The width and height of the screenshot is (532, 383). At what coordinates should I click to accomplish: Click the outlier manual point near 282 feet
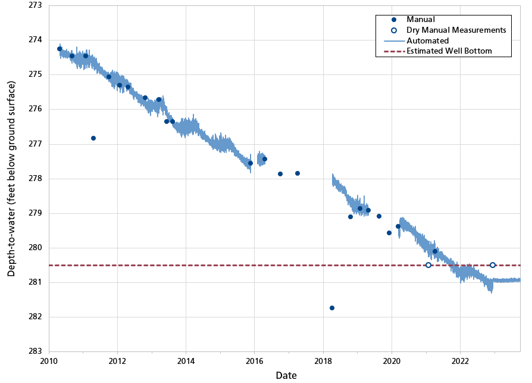332,308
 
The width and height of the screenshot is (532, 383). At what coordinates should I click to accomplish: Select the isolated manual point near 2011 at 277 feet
93,138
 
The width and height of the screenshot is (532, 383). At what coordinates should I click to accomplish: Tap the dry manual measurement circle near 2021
428,265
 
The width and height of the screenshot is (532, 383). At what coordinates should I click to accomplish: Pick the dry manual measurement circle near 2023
493,265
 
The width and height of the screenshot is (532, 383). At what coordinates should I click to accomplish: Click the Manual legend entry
421,20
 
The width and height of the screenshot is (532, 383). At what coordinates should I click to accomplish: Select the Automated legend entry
427,41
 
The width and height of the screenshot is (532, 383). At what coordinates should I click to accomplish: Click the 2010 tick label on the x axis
49,361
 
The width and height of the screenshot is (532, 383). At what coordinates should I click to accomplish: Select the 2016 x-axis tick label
255,361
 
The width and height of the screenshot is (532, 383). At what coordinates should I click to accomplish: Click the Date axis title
286,375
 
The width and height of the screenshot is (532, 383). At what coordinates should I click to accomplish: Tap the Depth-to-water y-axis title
11,178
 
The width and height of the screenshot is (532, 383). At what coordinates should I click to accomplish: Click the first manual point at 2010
60,49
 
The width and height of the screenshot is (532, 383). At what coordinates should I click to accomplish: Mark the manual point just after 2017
298,173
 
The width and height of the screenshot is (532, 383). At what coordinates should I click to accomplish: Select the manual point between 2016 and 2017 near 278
280,174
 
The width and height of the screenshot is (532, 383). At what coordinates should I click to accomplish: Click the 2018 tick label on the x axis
323,361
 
